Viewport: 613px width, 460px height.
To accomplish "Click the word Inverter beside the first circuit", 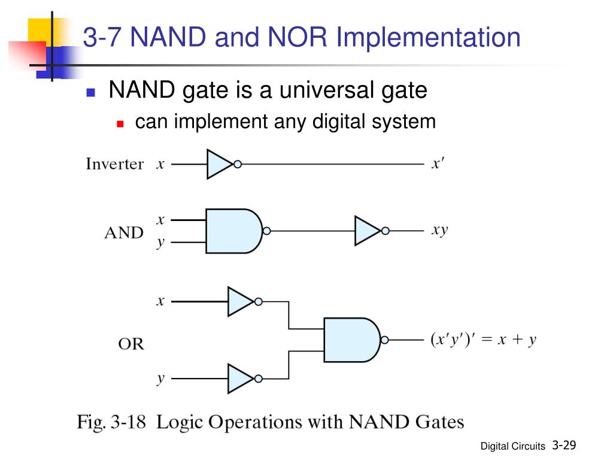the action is [115, 164].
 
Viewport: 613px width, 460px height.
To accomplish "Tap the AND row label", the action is [124, 233].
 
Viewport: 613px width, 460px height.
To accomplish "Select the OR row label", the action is [131, 344].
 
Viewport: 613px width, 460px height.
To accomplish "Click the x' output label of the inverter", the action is [438, 164].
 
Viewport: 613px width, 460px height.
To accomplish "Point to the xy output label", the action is [440, 231].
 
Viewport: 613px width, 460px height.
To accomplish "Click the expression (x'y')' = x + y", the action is [483, 339].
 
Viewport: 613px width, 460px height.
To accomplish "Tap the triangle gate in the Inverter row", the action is [220, 164].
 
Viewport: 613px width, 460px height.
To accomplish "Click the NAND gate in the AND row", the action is [235, 231].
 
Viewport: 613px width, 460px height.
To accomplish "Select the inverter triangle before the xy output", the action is [368, 231].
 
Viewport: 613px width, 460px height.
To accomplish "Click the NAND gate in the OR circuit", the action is [353, 340].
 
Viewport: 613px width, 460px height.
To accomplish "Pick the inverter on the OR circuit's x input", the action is [241, 302].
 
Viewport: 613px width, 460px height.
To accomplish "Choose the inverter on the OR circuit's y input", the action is [241, 379].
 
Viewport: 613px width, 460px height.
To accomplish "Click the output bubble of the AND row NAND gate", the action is [266, 231].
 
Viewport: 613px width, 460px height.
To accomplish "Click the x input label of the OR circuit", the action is [160, 301].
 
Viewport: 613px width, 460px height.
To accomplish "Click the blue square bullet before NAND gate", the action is [91, 92].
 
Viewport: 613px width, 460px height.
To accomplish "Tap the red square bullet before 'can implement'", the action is [120, 124].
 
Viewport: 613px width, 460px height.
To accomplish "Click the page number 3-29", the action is [564, 445].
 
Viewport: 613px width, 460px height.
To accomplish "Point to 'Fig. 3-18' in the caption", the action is [111, 423].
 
